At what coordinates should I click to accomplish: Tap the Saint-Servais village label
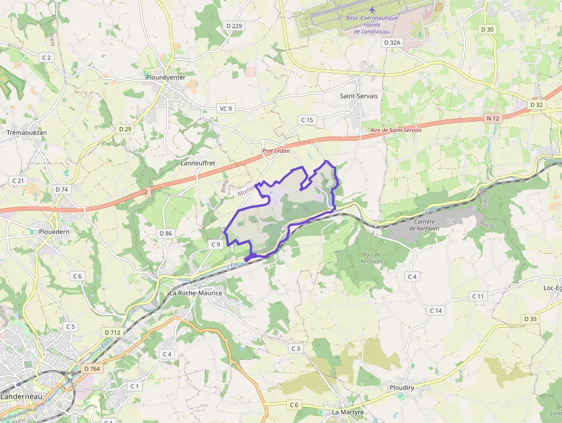[359, 96]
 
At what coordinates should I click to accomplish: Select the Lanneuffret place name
[198, 163]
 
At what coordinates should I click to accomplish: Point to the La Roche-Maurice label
[196, 293]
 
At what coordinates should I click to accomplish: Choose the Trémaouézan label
[26, 133]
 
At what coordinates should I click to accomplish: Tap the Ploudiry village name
[401, 387]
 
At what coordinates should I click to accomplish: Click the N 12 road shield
[493, 118]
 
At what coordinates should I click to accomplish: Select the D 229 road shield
[234, 26]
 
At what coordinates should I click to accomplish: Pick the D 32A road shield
[392, 42]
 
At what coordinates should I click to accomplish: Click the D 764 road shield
[91, 368]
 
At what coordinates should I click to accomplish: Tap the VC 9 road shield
[226, 108]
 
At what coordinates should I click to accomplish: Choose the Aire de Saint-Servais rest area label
[396, 130]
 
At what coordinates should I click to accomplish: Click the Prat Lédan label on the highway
[276, 151]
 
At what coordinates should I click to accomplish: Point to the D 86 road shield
[166, 233]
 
